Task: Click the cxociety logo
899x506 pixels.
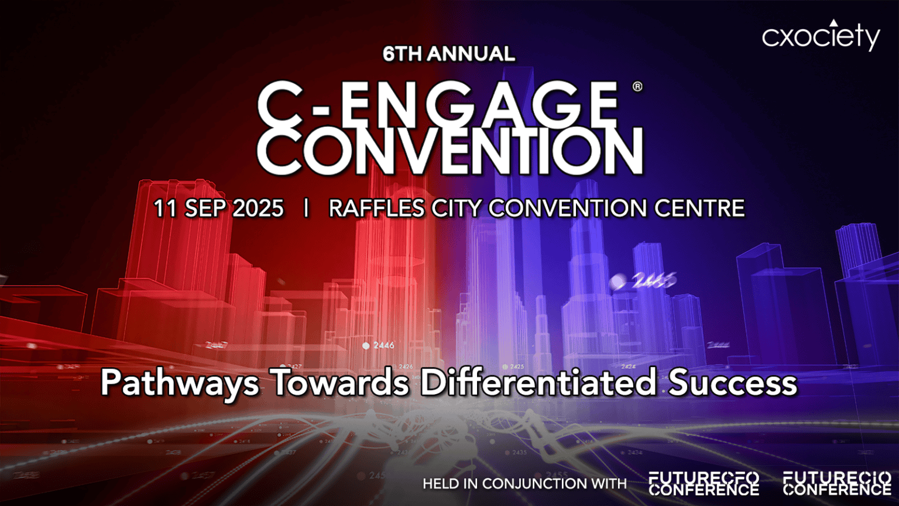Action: point(821,36)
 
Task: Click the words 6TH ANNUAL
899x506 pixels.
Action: point(449,54)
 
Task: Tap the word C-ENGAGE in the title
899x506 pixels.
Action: point(438,104)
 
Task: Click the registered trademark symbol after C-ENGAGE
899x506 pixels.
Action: point(637,87)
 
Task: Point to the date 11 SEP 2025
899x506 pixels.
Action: point(218,208)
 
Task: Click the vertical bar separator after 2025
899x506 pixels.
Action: point(306,208)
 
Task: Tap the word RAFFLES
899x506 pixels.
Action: point(376,208)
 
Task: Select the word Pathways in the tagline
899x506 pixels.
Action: point(180,383)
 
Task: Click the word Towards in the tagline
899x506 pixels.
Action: point(341,382)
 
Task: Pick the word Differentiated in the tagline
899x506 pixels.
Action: point(538,382)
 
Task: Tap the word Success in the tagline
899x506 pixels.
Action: point(733,382)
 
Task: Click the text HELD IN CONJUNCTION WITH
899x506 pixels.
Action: point(524,484)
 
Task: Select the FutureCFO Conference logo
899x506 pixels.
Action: point(704,484)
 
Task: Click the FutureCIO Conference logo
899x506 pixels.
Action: point(837,484)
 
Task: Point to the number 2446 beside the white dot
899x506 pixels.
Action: point(383,346)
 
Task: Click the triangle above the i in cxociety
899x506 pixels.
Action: point(833,23)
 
